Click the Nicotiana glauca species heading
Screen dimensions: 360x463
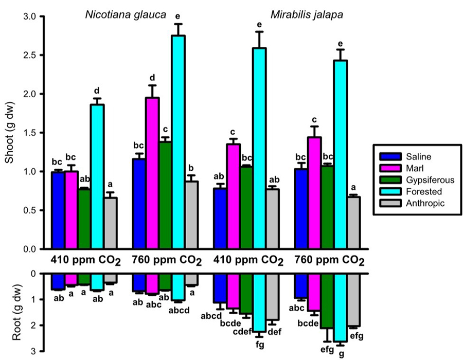click(126, 14)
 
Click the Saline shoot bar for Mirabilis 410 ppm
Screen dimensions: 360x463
click(220, 219)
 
